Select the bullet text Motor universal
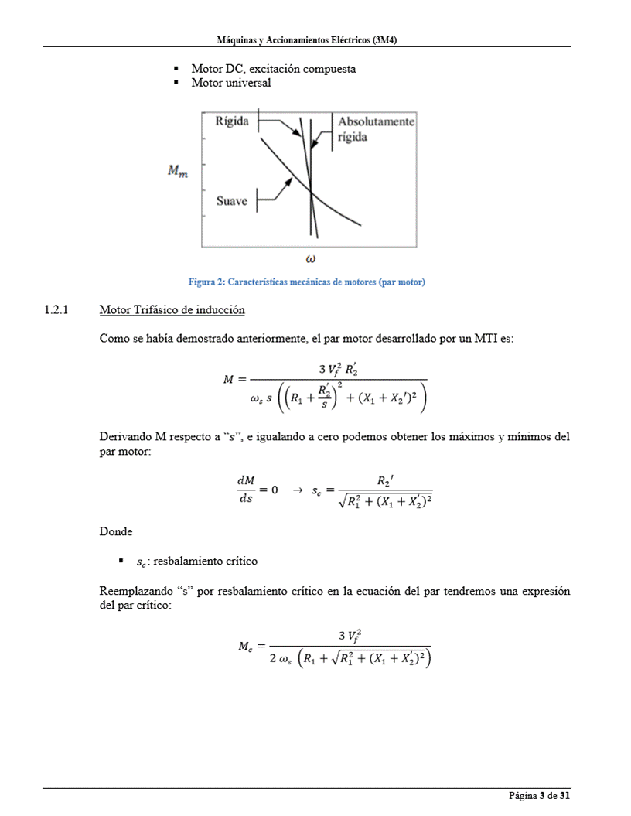(x=231, y=83)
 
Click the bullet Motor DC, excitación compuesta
(x=273, y=69)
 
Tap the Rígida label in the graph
(x=231, y=121)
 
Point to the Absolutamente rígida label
(x=376, y=129)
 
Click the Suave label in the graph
(x=231, y=201)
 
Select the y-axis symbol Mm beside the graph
(x=178, y=172)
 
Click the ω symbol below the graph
(x=310, y=258)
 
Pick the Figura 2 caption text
(x=307, y=282)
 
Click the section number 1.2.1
(x=56, y=310)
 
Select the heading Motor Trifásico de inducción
(x=172, y=310)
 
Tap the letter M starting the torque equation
(x=228, y=379)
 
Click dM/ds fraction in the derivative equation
(x=246, y=490)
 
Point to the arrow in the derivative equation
(x=297, y=490)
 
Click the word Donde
(x=116, y=532)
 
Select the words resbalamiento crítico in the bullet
(x=205, y=561)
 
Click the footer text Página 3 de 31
(x=539, y=796)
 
